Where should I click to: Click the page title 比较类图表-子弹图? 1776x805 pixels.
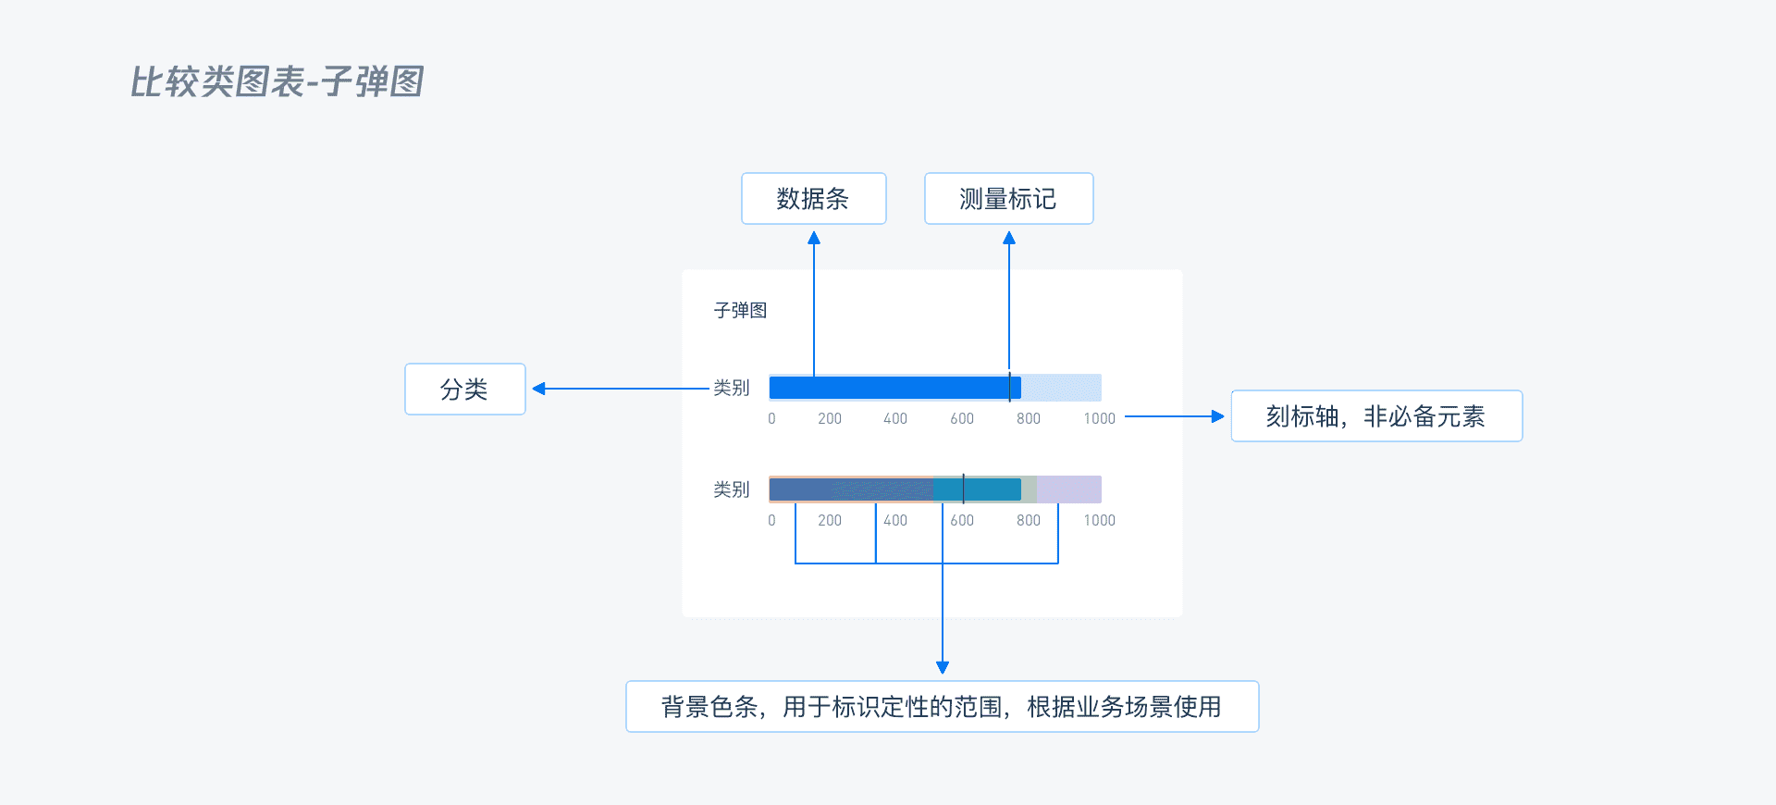click(277, 81)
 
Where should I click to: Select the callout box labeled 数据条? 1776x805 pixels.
click(813, 199)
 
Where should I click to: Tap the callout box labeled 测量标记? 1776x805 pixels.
click(1008, 199)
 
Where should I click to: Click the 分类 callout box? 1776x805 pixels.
click(464, 390)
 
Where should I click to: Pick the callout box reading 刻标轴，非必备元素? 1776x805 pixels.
click(1375, 416)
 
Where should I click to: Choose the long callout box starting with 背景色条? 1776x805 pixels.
click(942, 707)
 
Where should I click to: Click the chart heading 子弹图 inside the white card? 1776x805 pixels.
click(740, 310)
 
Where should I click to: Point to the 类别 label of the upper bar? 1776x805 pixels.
click(731, 388)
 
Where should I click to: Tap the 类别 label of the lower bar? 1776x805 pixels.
click(731, 489)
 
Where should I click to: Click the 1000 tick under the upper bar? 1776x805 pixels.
click(1099, 419)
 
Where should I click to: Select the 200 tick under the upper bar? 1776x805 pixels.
click(830, 419)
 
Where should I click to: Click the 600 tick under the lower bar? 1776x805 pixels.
click(962, 521)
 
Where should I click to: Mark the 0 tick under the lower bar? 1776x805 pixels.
click(771, 521)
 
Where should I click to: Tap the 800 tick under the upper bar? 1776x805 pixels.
click(1029, 419)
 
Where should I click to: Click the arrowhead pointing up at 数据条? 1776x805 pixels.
click(814, 238)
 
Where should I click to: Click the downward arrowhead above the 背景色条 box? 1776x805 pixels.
click(943, 667)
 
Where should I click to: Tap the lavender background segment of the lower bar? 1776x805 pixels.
click(1069, 489)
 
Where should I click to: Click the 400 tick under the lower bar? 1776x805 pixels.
click(895, 521)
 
